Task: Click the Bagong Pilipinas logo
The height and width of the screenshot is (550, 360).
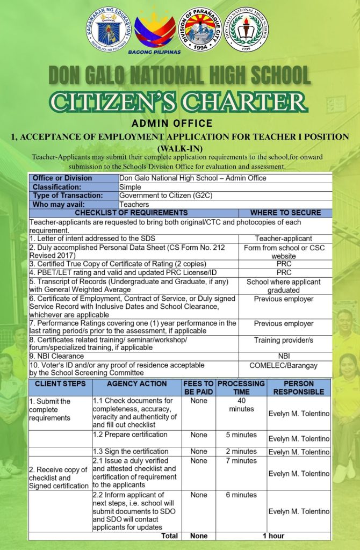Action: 155,32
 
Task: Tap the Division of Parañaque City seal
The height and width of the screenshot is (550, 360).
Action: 200,30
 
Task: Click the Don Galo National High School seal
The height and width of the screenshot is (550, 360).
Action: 246,31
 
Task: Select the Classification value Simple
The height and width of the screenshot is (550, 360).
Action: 131,187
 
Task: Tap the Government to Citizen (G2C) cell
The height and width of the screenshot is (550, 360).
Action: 166,196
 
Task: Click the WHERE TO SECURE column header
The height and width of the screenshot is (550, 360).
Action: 285,213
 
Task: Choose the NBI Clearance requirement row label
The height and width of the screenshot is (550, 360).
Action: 57,356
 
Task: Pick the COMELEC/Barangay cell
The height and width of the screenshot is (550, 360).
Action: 284,366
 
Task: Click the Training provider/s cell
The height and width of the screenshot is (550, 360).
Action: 284,340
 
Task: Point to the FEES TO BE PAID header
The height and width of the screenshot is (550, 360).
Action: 198,387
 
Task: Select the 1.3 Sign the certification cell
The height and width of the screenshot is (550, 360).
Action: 131,452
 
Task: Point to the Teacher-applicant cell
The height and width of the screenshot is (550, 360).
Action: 284,238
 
